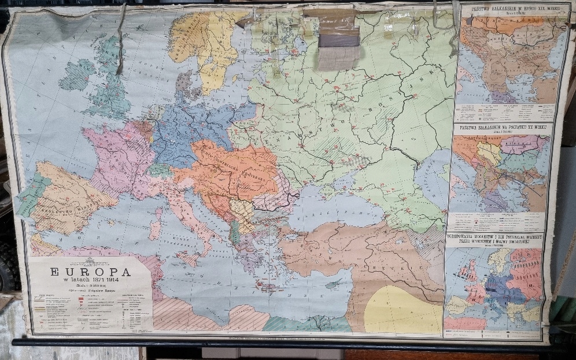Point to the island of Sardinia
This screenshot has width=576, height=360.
coord(155,227)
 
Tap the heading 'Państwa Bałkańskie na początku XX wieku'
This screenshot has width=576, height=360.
coord(502,128)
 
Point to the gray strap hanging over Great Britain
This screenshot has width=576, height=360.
coord(121,40)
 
